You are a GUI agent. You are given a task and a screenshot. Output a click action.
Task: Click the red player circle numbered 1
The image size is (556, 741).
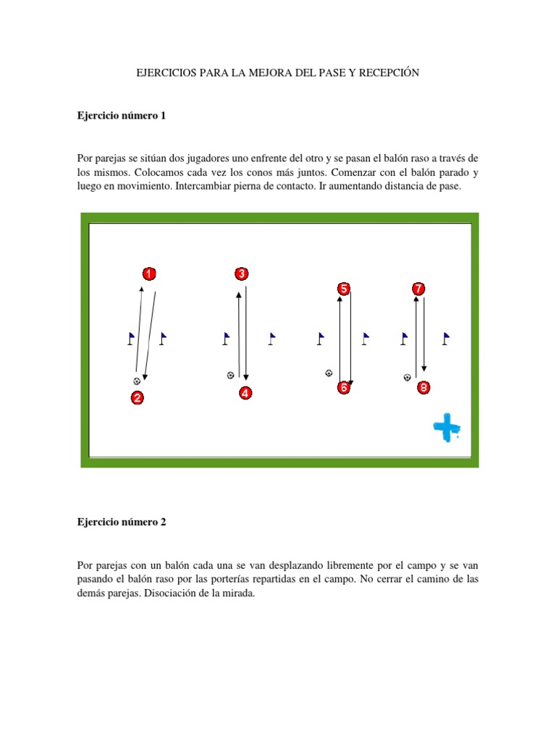click(x=148, y=274)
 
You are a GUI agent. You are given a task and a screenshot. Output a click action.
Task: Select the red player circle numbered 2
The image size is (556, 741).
click(x=137, y=397)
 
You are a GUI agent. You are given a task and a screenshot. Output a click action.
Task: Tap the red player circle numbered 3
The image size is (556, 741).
click(x=241, y=274)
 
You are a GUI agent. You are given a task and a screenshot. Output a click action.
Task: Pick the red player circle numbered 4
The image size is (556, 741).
click(x=246, y=394)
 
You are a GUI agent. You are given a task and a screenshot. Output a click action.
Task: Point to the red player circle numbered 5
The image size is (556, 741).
click(x=343, y=289)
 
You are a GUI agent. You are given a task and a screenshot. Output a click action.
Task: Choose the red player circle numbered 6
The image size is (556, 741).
click(x=343, y=388)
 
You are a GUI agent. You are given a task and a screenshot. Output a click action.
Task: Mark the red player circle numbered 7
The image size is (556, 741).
click(x=418, y=289)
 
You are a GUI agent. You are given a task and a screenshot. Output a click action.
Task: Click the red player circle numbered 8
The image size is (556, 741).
click(x=424, y=388)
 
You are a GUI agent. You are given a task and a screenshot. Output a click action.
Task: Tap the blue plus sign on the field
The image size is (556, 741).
click(x=446, y=428)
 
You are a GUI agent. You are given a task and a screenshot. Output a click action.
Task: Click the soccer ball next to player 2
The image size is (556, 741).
click(x=136, y=381)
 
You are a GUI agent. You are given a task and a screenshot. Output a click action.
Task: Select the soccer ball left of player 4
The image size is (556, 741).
click(x=230, y=375)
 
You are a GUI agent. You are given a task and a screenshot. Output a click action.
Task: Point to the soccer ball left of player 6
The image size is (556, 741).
click(x=329, y=373)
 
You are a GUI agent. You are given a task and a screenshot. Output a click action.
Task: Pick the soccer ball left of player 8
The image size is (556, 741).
click(x=407, y=377)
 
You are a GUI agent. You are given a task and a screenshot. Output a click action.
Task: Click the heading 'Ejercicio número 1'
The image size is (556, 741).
click(x=121, y=115)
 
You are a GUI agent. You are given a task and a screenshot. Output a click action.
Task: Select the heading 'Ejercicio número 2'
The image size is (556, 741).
click(x=121, y=522)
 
